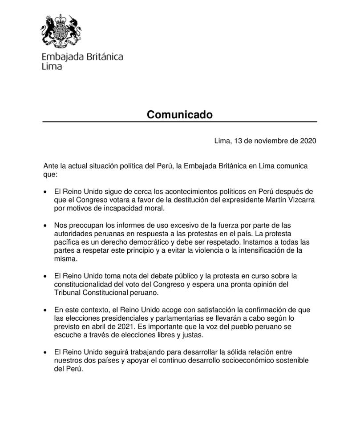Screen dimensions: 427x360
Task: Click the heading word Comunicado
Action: point(180,115)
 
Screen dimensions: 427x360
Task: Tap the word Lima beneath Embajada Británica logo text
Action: point(52,67)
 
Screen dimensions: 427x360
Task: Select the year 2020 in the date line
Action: point(308,141)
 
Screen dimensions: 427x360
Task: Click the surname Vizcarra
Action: point(300,200)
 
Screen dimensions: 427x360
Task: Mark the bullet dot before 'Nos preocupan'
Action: point(45,226)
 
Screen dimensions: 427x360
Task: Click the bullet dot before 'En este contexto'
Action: point(45,310)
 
